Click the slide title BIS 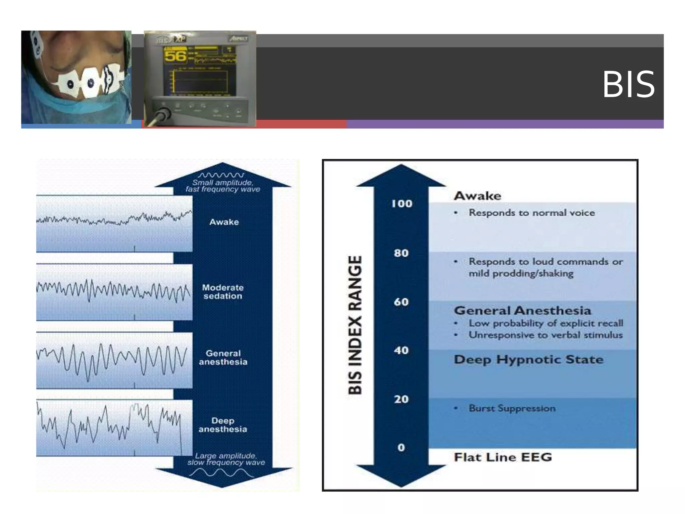[x=628, y=85]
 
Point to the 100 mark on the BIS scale [x=402, y=203]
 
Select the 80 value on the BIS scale [x=401, y=253]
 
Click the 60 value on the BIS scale [x=401, y=302]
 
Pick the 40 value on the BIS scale [x=401, y=350]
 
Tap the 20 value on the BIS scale [x=401, y=399]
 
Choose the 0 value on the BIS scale [x=401, y=448]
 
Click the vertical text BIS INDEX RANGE [x=355, y=325]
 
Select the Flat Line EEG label [x=503, y=457]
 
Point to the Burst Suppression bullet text [x=512, y=408]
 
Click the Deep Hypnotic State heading [x=528, y=360]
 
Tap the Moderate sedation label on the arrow [x=223, y=292]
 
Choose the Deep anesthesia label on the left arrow [x=223, y=425]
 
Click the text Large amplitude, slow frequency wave [x=226, y=459]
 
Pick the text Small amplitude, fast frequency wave [x=223, y=186]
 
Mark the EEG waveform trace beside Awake [x=114, y=219]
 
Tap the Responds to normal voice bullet [x=531, y=213]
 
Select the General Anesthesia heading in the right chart [x=522, y=311]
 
